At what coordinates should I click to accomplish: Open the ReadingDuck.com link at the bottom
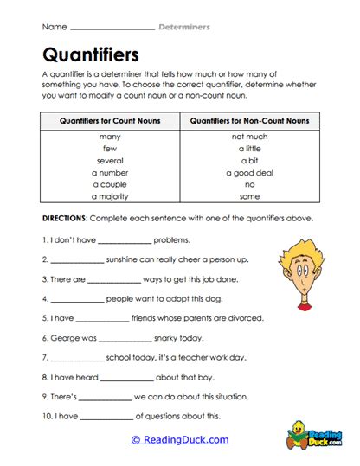(180, 439)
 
